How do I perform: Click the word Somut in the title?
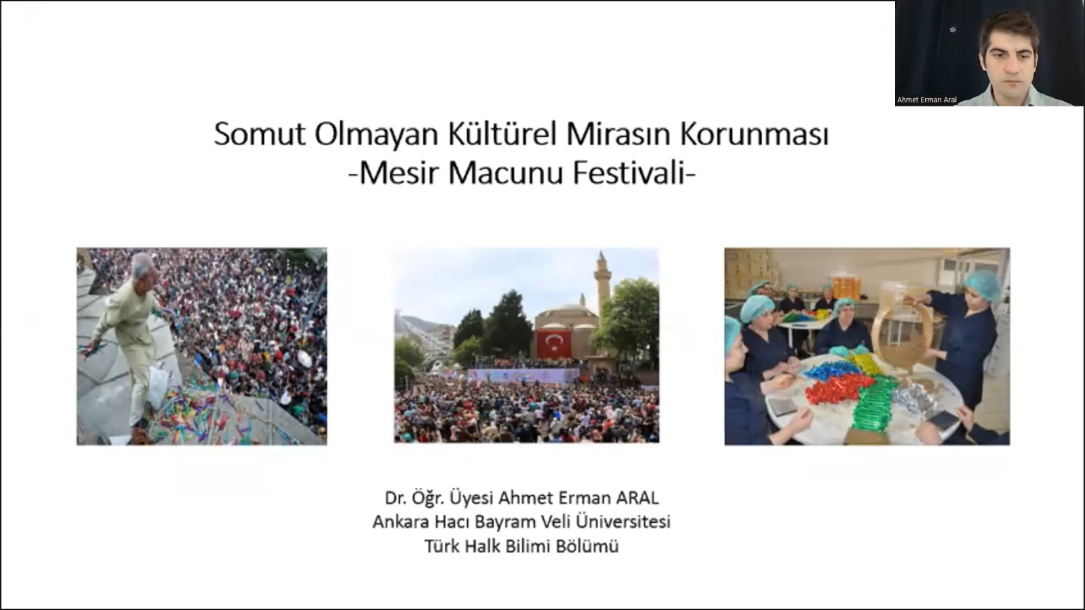coord(260,134)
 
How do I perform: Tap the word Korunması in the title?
coord(755,134)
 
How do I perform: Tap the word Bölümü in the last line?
coord(587,546)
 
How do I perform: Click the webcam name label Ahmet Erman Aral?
coord(926,100)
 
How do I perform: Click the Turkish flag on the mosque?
coord(553,344)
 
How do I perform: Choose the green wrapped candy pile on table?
coord(875,404)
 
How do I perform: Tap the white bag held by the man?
coord(159,386)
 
